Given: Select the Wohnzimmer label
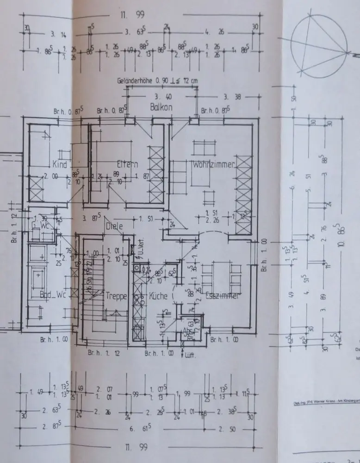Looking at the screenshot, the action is [x=214, y=164].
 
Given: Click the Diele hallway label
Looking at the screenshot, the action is [x=114, y=227].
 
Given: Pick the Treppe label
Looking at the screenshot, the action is [x=116, y=296].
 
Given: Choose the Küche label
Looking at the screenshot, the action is [x=157, y=296].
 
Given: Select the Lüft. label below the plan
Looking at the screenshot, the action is [x=190, y=356].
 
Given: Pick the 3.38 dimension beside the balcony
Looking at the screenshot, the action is [x=231, y=98].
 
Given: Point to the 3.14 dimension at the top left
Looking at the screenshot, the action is [x=58, y=34].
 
